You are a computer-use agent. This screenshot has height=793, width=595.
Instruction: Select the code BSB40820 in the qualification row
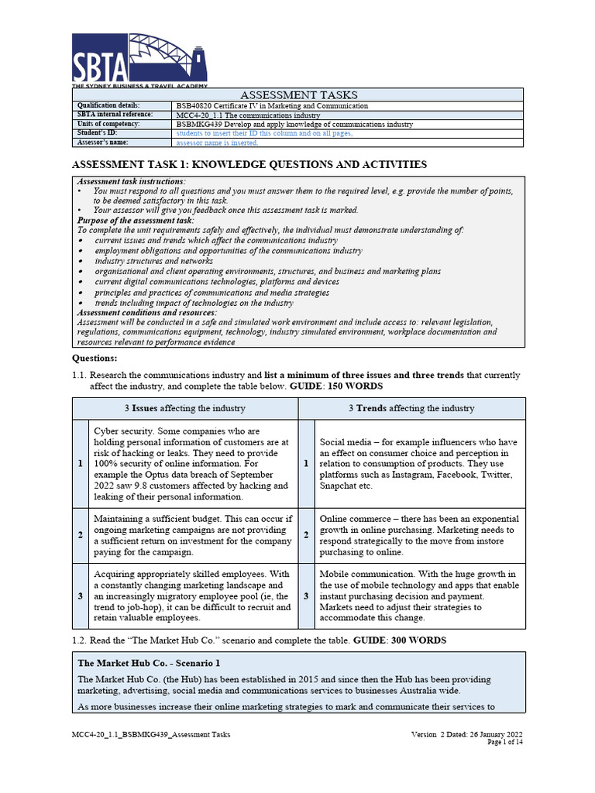pyautogui.click(x=197, y=105)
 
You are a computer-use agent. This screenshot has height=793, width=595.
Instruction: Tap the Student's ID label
pyautogui.click(x=97, y=133)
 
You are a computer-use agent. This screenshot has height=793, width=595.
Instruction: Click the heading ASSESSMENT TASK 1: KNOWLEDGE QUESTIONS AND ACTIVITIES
pyautogui.click(x=249, y=164)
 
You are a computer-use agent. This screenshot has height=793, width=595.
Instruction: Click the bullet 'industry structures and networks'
pyautogui.click(x=153, y=261)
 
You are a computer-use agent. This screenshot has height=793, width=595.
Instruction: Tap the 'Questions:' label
pyautogui.click(x=95, y=358)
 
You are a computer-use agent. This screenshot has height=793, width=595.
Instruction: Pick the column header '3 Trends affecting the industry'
pyautogui.click(x=411, y=408)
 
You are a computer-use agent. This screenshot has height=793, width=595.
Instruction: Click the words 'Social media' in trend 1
pyautogui.click(x=345, y=441)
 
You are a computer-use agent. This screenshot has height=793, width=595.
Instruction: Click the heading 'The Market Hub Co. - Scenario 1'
pyautogui.click(x=149, y=663)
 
